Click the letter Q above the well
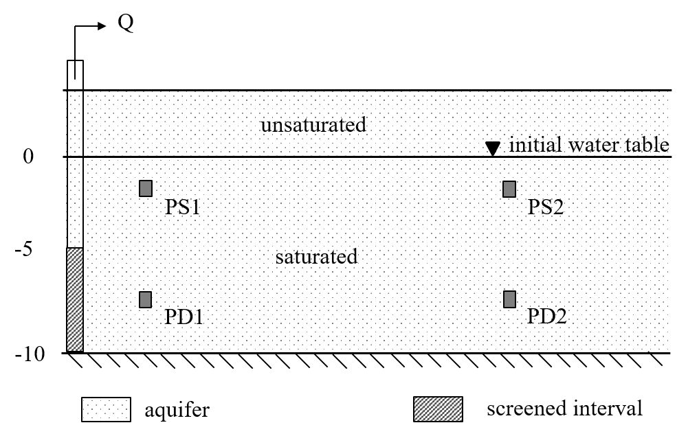(x=126, y=25)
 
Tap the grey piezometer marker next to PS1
(x=146, y=188)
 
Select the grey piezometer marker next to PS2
(x=509, y=189)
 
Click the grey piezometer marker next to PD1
(x=146, y=299)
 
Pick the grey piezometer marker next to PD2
(x=509, y=299)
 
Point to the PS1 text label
(x=183, y=207)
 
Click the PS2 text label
(x=546, y=207)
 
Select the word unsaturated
(x=313, y=126)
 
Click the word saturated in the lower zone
(x=316, y=257)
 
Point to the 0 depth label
(x=28, y=157)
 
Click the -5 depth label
(x=25, y=249)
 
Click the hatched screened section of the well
(x=75, y=299)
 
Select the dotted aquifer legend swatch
(x=106, y=410)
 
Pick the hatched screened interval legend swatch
(x=438, y=409)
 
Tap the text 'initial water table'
(x=589, y=145)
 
